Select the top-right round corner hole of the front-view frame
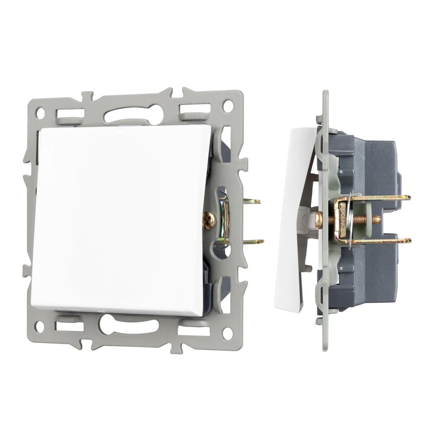click(x=228, y=106)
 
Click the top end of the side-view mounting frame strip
click(x=325, y=95)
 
